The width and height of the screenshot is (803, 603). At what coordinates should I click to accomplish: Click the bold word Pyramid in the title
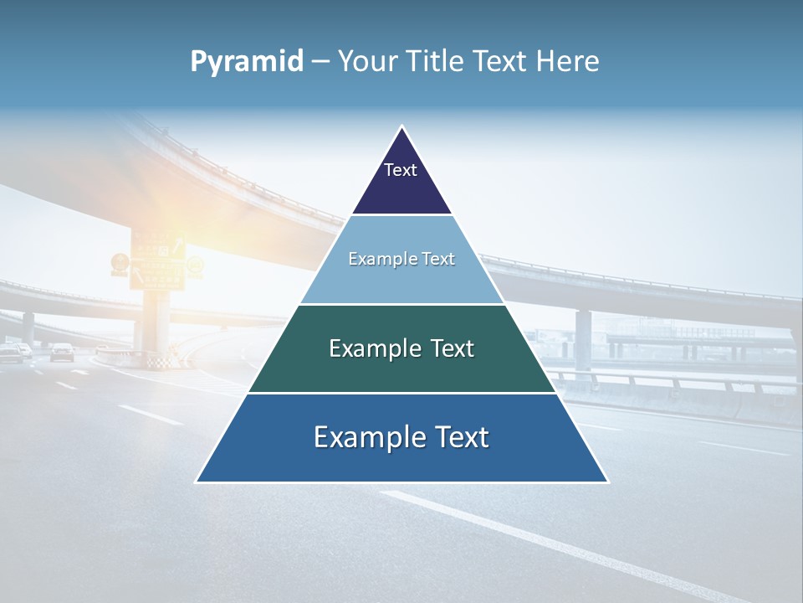pyautogui.click(x=247, y=62)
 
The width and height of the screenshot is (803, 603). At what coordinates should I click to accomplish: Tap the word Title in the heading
pyautogui.click(x=440, y=62)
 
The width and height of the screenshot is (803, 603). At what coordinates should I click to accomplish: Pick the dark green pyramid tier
pyautogui.click(x=401, y=368)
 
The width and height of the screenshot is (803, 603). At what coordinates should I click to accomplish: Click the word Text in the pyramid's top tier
pyautogui.click(x=401, y=170)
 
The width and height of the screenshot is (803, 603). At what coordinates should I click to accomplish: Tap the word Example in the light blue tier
pyautogui.click(x=375, y=259)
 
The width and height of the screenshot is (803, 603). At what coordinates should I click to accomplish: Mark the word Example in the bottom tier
pyautogui.click(x=366, y=437)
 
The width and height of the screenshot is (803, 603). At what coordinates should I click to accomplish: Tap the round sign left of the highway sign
pyautogui.click(x=120, y=263)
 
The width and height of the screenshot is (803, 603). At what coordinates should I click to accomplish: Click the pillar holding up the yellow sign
pyautogui.click(x=156, y=322)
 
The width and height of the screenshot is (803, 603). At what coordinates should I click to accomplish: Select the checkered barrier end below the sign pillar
pyautogui.click(x=157, y=362)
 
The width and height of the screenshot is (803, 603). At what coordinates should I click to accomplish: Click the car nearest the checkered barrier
pyautogui.click(x=62, y=352)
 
